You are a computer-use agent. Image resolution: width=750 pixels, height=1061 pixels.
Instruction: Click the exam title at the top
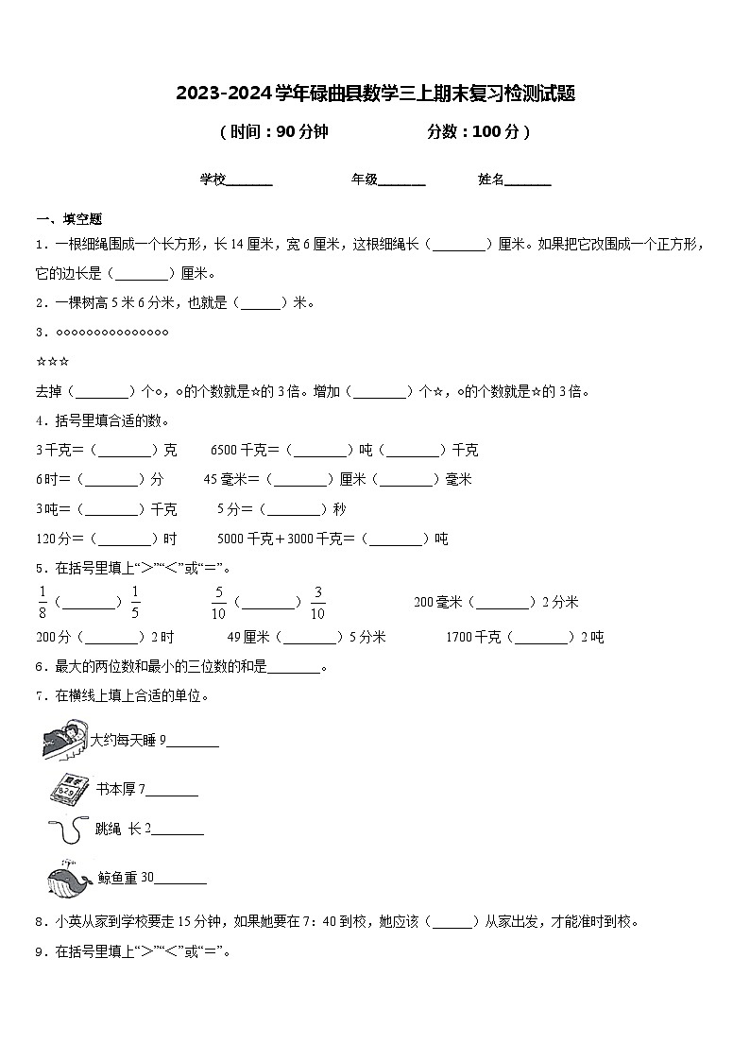coord(375,94)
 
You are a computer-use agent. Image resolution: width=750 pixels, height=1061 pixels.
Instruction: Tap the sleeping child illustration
coord(64,740)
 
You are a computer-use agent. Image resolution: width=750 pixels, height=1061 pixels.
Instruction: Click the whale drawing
coord(68,879)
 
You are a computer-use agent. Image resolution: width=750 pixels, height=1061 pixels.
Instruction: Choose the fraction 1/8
coord(43,602)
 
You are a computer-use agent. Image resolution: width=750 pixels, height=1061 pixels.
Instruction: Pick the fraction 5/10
coord(218,602)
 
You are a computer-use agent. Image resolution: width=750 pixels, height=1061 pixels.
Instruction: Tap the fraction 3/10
coord(317,602)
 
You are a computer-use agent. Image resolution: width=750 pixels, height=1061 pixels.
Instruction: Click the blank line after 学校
coord(249,182)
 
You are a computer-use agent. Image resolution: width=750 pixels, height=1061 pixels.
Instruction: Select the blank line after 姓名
coord(528,182)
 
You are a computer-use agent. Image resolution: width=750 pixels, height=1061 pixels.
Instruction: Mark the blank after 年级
coord(401,182)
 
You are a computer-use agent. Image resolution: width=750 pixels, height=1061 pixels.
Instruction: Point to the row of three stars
coord(52,362)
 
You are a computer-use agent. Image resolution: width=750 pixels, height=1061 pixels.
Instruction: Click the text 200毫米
coord(437,602)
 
